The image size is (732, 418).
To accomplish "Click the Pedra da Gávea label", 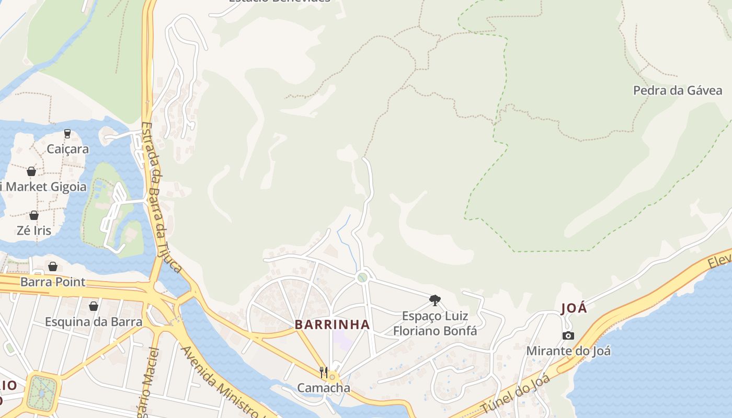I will [677, 90].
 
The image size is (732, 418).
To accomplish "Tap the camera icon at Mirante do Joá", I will [568, 335].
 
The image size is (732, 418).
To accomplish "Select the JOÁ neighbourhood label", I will [574, 308].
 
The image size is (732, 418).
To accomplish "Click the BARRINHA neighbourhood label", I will [332, 324].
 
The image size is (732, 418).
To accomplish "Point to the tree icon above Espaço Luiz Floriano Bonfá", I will [434, 300].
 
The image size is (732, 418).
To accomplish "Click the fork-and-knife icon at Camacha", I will [324, 373].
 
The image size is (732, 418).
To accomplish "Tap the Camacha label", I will [324, 388].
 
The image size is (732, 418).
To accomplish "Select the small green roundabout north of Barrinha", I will [362, 277].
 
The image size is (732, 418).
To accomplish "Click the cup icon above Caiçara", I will [67, 134].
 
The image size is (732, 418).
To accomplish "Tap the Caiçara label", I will [68, 149].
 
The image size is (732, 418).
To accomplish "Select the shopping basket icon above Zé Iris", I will [34, 215].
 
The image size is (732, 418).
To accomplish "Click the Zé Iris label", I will [34, 230].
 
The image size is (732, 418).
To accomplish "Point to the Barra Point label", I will [53, 282].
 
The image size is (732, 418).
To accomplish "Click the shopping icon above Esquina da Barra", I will [94, 306].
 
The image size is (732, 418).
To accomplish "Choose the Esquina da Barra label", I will [94, 321].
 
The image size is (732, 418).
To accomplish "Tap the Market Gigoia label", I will [44, 187].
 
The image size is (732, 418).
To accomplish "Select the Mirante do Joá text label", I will [568, 351].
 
